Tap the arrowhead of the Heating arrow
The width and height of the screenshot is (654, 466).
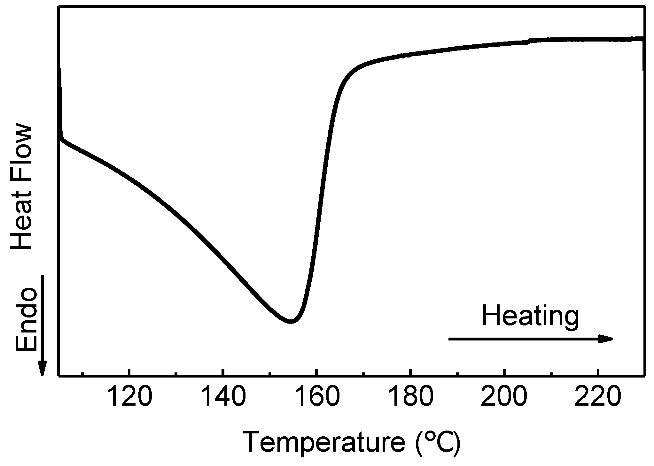click(606, 339)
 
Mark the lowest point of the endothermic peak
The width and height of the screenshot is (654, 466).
click(290, 321)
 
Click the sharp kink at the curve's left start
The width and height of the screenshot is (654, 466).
click(62, 138)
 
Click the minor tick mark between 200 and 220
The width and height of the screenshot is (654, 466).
click(551, 373)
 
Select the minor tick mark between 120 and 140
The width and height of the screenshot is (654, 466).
click(176, 373)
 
